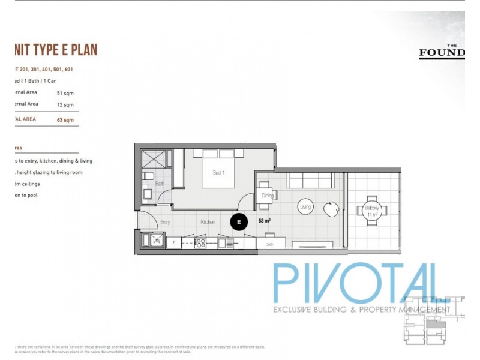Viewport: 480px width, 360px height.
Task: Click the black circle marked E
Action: (x=239, y=222)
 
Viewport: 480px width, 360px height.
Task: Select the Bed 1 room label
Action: (x=219, y=173)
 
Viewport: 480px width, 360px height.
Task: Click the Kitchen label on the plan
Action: (x=208, y=222)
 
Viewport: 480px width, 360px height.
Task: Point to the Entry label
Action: (x=166, y=222)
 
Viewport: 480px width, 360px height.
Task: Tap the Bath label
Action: (x=160, y=184)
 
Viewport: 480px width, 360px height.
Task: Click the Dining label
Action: (x=268, y=196)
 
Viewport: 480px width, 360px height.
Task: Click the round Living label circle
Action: (x=305, y=208)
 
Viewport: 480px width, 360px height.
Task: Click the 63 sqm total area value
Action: (x=65, y=119)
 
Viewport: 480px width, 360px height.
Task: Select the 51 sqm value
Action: (x=65, y=93)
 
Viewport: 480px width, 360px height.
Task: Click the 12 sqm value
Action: (x=65, y=104)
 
